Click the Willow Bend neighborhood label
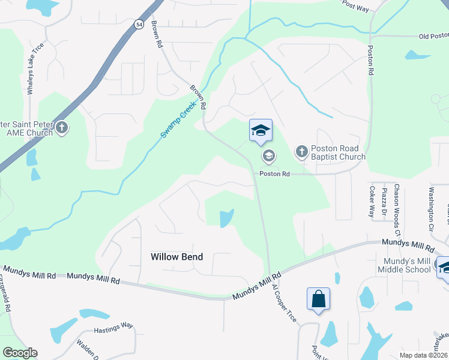tap(176, 257)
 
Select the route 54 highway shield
tap(139, 25)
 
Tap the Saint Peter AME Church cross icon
tap(62, 128)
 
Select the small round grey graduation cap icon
tap(268, 157)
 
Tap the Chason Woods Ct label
tap(397, 210)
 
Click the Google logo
tap(20, 353)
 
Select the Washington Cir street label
tap(431, 210)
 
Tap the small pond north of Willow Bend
tap(226, 218)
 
